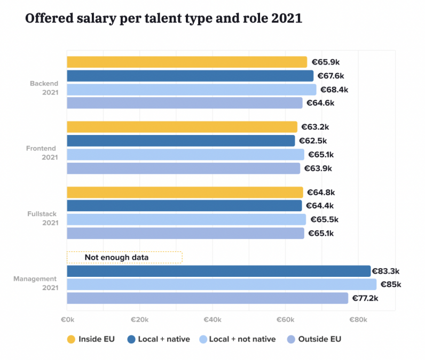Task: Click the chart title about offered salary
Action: click(x=164, y=19)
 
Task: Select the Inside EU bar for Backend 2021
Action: click(x=187, y=62)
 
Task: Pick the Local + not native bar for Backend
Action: click(x=191, y=90)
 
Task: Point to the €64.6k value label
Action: click(x=320, y=103)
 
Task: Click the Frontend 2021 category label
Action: click(x=41, y=153)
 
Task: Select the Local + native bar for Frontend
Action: click(x=180, y=141)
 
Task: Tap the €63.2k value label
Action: click(x=315, y=127)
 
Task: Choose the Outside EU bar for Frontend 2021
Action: click(x=183, y=169)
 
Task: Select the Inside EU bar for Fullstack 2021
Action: click(x=185, y=192)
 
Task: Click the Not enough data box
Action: click(x=124, y=258)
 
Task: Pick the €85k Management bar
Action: click(x=222, y=284)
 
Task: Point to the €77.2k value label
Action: click(x=366, y=298)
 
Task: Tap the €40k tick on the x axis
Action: click(x=212, y=319)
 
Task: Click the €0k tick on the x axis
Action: click(x=67, y=319)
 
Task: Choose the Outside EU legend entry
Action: click(x=313, y=339)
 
